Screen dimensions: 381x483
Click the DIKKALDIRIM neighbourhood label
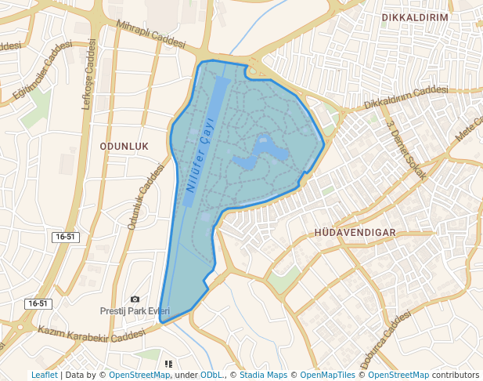(x=414, y=16)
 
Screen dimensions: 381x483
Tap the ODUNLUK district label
(x=124, y=147)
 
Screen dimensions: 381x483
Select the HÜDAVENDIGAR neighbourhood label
(x=355, y=233)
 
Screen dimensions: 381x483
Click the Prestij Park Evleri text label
(x=135, y=310)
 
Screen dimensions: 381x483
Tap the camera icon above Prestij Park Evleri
(x=135, y=299)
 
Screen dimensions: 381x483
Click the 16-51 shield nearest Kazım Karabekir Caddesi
(x=38, y=303)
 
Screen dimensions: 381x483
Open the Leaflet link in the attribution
(x=45, y=375)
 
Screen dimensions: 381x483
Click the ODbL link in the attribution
(x=211, y=375)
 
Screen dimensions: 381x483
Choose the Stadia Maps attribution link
(x=263, y=375)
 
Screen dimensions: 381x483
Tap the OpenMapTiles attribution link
(x=328, y=375)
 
